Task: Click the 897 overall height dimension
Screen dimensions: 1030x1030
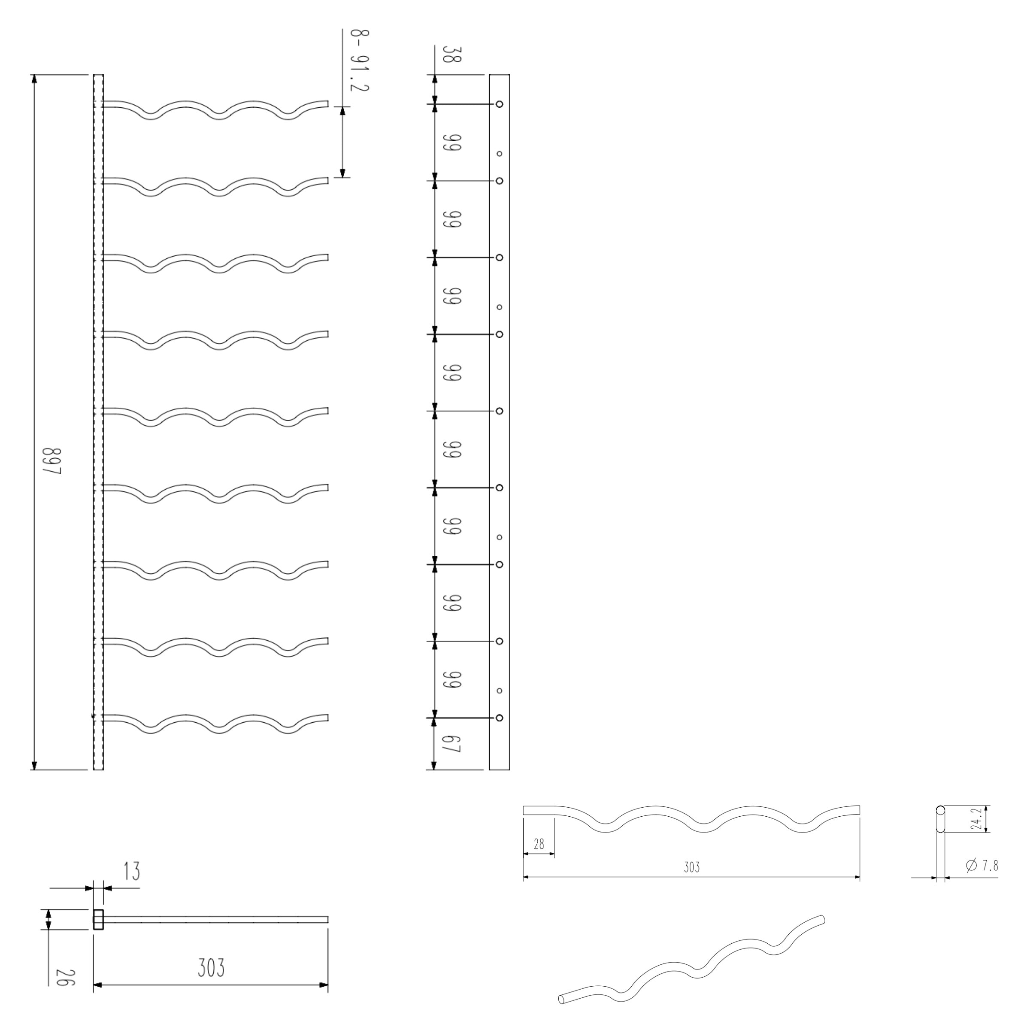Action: pyautogui.click(x=53, y=462)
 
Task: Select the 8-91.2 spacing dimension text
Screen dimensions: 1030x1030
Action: pyautogui.click(x=359, y=60)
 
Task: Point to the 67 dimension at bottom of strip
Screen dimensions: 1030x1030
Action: pyautogui.click(x=451, y=744)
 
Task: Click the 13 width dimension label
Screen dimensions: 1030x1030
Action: pyautogui.click(x=131, y=871)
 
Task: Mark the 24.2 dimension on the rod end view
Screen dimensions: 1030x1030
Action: pyautogui.click(x=976, y=818)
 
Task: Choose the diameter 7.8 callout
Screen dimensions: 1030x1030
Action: pyautogui.click(x=982, y=865)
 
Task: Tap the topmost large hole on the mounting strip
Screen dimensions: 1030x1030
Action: pyautogui.click(x=500, y=104)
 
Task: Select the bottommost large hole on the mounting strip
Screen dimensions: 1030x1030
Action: pyautogui.click(x=500, y=718)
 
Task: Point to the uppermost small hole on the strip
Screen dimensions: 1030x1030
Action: pyautogui.click(x=500, y=154)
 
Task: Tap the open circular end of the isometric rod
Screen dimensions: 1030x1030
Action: pyautogui.click(x=561, y=999)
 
